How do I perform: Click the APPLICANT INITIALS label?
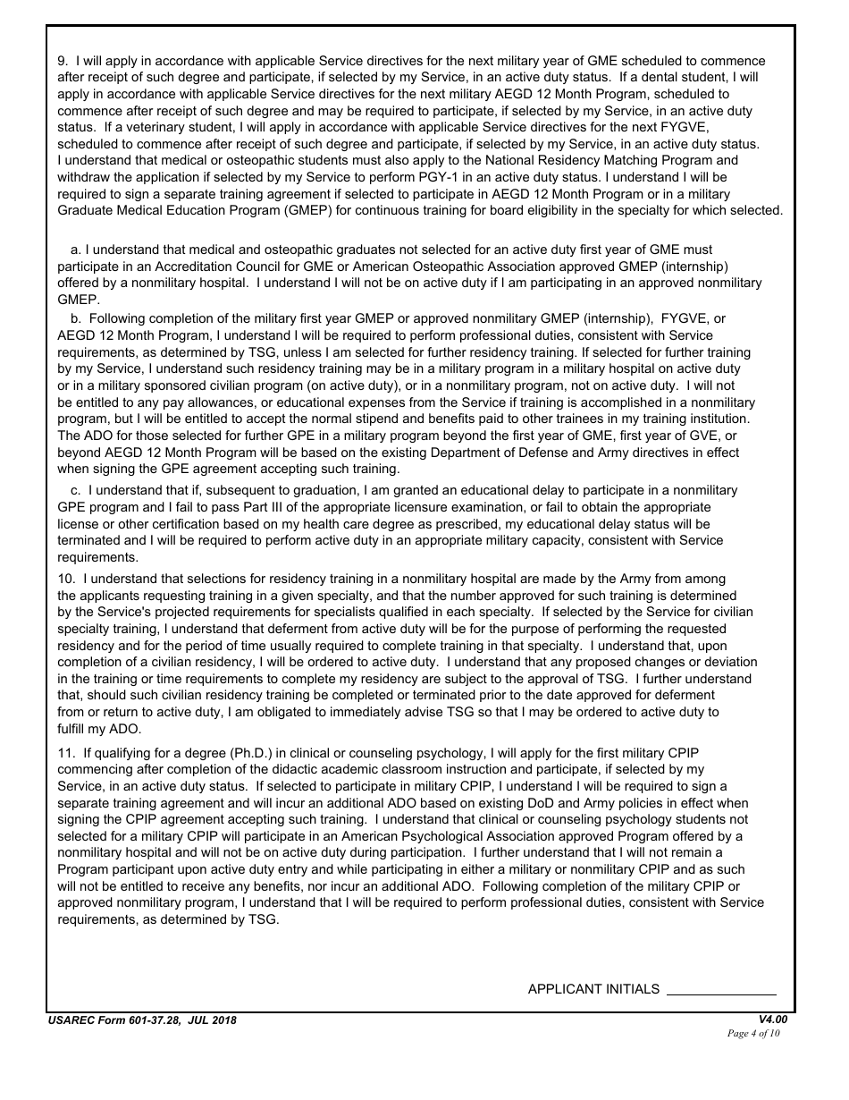click(593, 989)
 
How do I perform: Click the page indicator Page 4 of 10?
click(753, 1033)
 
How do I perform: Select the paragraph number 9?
click(63, 62)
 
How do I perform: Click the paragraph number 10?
click(66, 580)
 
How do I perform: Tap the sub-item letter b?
click(76, 319)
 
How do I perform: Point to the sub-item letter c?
click(76, 491)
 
